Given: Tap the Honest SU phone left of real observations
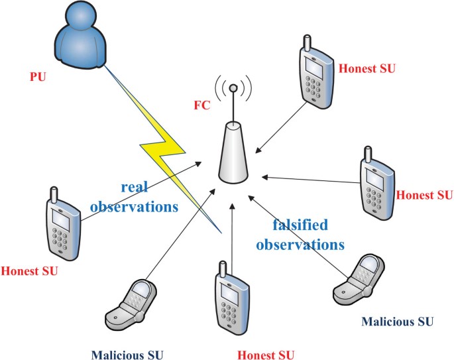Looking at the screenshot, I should (61, 225).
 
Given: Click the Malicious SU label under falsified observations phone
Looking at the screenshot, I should (397, 322).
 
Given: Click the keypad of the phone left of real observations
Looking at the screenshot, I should (62, 241).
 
